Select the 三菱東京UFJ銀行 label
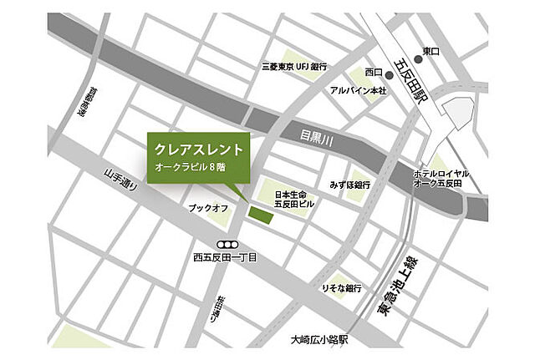293,66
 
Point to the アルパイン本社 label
358,90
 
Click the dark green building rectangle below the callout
260,215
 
